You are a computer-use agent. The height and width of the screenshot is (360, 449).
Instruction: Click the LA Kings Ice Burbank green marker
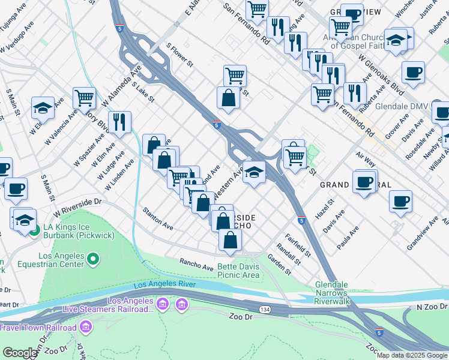point(34,229)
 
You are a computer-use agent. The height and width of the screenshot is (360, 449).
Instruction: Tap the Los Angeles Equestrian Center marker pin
point(92,259)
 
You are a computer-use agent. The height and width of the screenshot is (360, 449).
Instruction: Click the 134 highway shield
point(265,308)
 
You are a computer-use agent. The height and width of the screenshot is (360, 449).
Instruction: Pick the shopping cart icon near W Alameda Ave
point(84,97)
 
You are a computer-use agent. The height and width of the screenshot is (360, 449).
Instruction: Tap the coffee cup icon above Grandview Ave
point(400,202)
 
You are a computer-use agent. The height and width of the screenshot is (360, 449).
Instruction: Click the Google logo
point(19,353)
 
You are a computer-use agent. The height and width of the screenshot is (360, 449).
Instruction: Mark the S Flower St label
point(179,55)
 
